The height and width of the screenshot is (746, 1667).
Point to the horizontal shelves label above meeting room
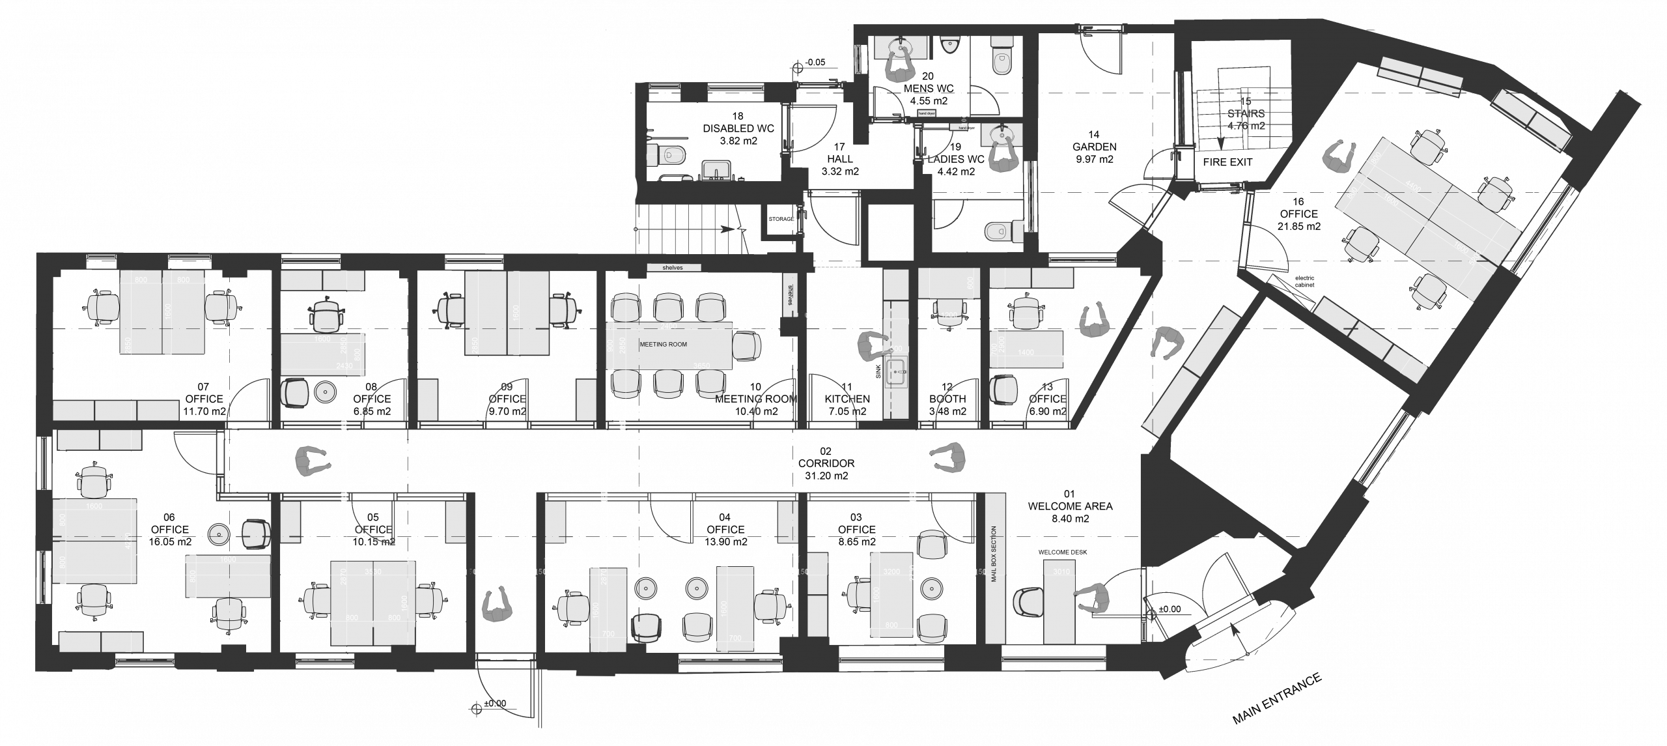click(x=674, y=268)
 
